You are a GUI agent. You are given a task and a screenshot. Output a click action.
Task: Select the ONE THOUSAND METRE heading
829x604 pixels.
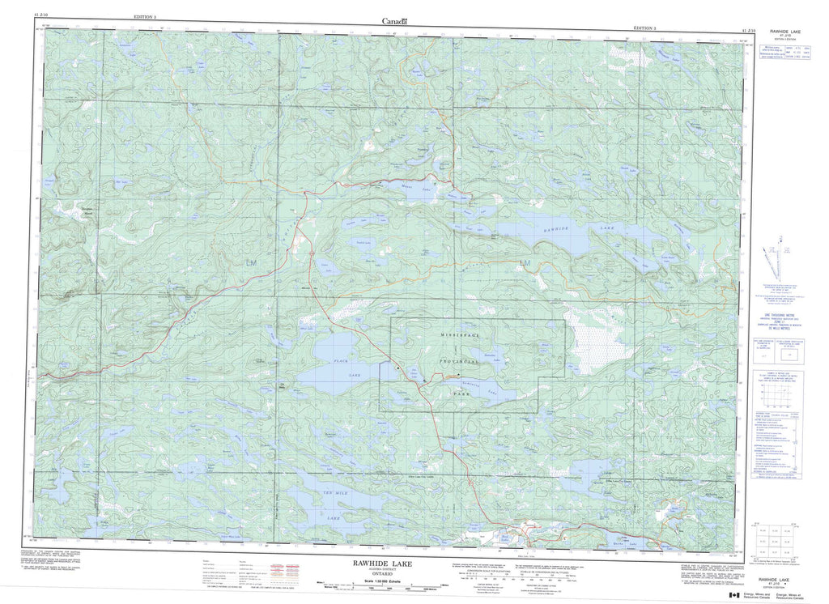(774, 313)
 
